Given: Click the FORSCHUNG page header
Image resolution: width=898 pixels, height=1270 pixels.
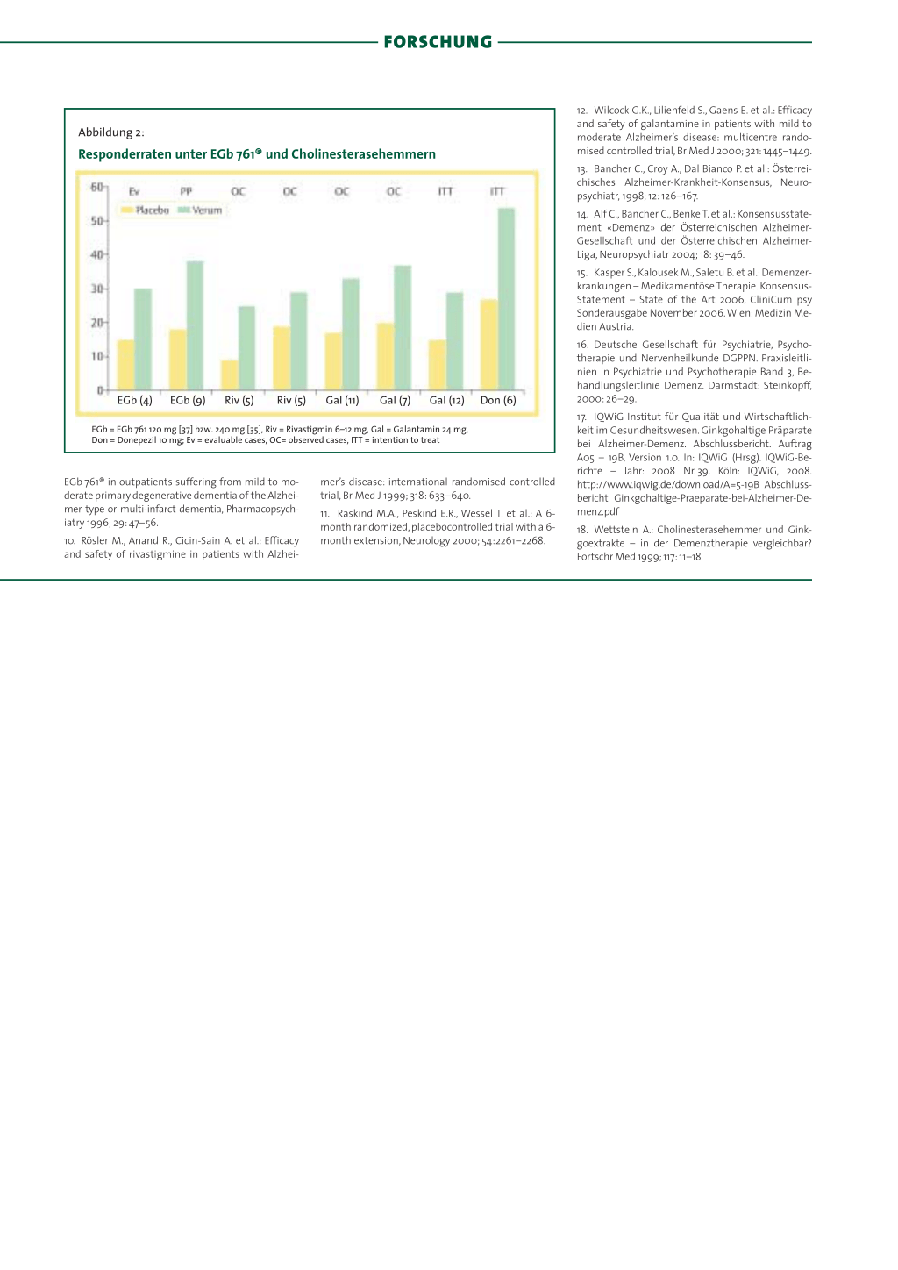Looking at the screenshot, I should click(438, 42).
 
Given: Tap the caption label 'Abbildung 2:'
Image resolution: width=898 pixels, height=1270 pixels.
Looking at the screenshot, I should click(111, 132).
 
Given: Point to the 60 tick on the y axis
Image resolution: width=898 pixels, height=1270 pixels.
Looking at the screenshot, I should click(96, 187).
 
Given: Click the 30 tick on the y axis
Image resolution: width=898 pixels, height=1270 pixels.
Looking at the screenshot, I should click(96, 289).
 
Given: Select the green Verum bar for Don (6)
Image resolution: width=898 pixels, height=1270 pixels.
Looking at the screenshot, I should click(506, 298).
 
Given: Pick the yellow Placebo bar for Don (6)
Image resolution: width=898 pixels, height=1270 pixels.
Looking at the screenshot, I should click(489, 344).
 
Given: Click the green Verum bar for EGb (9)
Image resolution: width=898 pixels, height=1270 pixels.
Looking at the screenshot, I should click(195, 325).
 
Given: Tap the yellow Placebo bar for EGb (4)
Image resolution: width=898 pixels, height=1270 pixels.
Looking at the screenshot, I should click(126, 364).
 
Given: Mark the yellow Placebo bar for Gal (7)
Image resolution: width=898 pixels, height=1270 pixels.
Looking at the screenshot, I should click(386, 356).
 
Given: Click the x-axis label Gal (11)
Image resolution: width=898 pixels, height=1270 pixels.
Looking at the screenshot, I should click(342, 401).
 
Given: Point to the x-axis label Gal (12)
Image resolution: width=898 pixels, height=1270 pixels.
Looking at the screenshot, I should click(446, 401).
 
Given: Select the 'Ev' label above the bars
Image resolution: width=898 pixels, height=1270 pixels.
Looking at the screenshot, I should click(134, 192).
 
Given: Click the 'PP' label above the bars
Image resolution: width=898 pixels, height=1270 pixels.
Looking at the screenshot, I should click(186, 192).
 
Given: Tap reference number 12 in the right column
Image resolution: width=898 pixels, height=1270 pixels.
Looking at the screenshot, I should click(581, 111).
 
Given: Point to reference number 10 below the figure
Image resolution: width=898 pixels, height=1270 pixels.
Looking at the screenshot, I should click(69, 541).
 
